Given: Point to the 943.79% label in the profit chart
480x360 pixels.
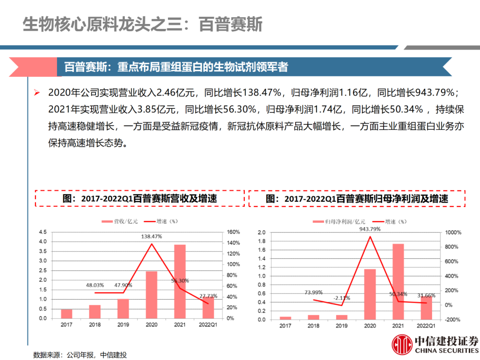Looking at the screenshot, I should pyautogui.click(x=370, y=229).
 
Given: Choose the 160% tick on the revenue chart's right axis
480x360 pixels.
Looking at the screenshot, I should pyautogui.click(x=233, y=232).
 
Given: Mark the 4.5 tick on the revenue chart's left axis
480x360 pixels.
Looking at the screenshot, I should pyautogui.click(x=43, y=232).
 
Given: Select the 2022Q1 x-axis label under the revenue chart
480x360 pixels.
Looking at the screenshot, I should pyautogui.click(x=208, y=325).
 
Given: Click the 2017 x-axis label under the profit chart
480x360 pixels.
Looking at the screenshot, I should pyautogui.click(x=285, y=326).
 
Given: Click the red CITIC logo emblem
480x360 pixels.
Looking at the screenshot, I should pyautogui.click(x=402, y=345).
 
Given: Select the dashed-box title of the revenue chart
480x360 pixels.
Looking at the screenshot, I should pyautogui.click(x=140, y=198).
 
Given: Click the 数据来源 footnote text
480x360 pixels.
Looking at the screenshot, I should pyautogui.click(x=80, y=355).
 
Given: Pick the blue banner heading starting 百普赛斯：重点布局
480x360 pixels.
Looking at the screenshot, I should pyautogui.click(x=176, y=67).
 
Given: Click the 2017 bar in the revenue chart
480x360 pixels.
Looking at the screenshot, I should pyautogui.click(x=67, y=314).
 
